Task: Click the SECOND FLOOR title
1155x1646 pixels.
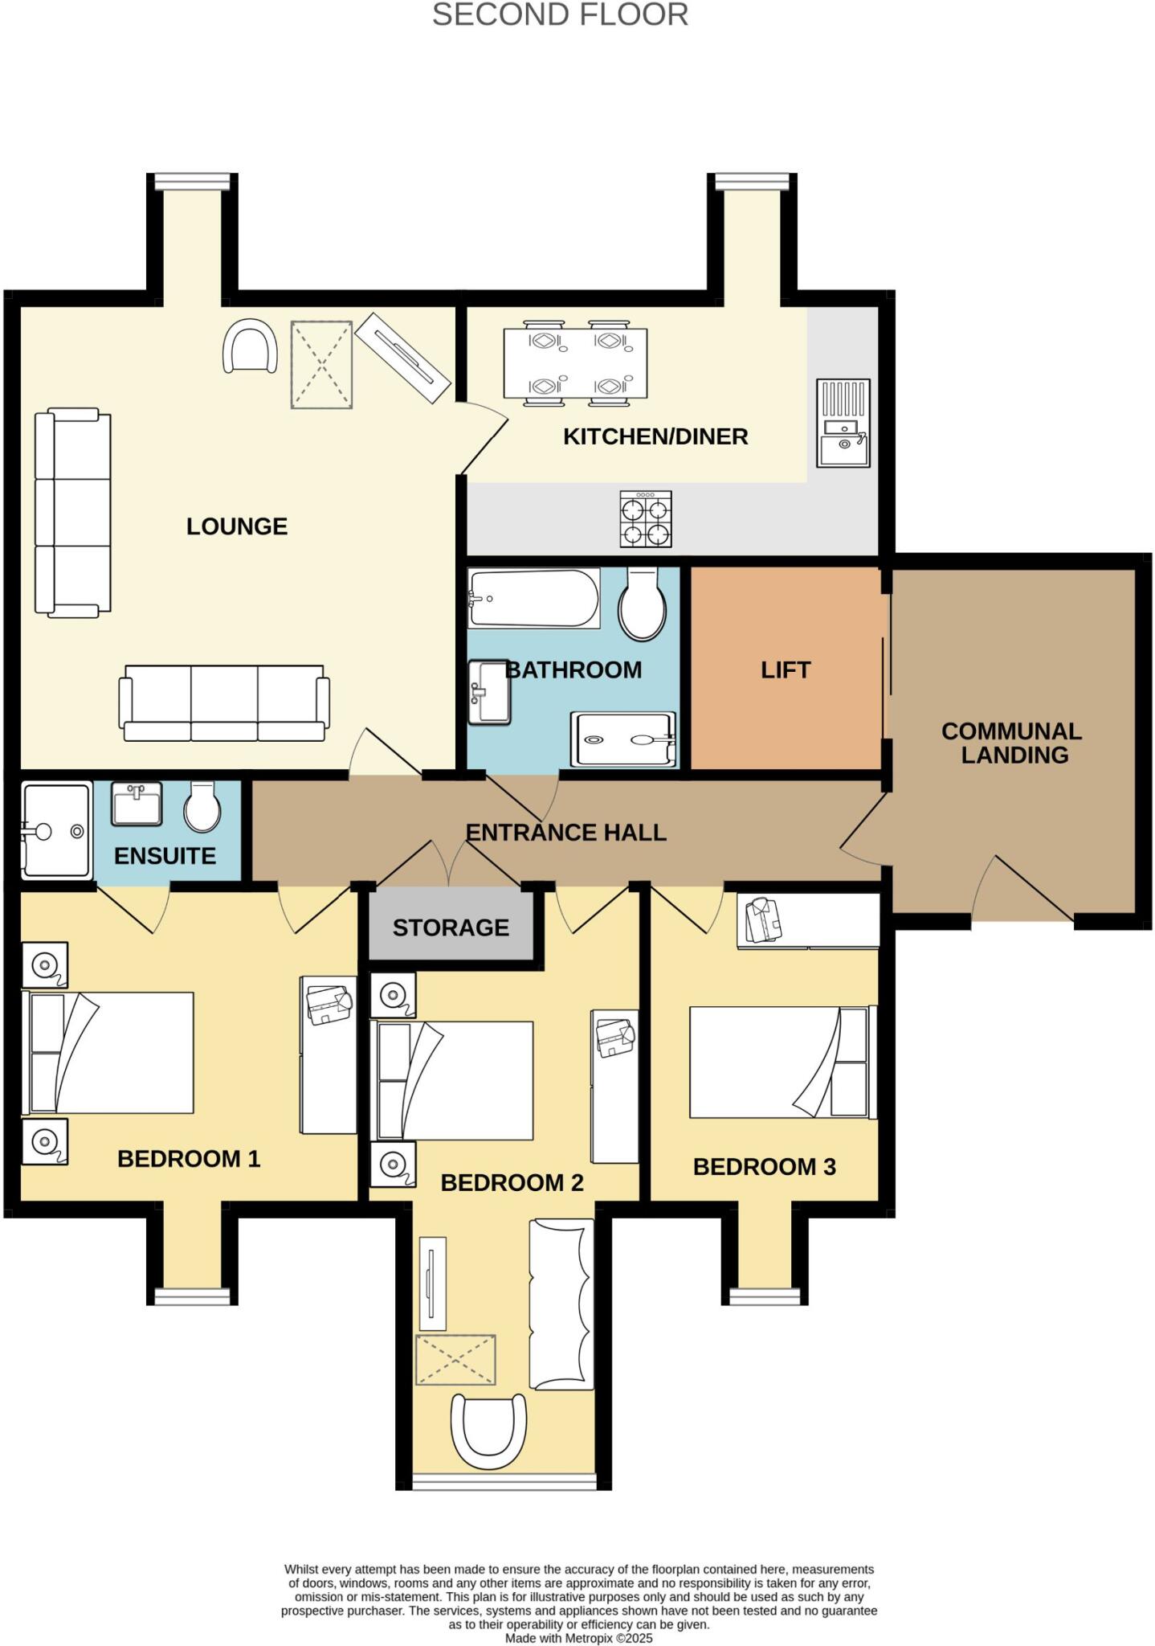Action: [560, 15]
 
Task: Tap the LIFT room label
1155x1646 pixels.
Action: [786, 669]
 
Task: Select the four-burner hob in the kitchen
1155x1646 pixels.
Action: [646, 519]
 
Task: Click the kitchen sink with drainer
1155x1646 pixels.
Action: [843, 423]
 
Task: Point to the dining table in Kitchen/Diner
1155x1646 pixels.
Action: [575, 364]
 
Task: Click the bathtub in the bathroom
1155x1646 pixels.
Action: [534, 599]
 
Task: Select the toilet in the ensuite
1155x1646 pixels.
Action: [202, 807]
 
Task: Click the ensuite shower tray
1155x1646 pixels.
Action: [56, 830]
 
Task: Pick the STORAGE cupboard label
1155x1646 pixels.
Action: [451, 927]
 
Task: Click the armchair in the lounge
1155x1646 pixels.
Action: [251, 346]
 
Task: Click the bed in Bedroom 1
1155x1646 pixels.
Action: [110, 1053]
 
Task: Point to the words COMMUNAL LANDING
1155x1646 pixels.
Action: [1012, 743]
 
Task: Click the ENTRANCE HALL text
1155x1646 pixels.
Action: [566, 833]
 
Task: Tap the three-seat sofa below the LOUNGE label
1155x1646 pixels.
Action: [224, 703]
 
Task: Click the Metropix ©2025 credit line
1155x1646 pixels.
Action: [578, 1638]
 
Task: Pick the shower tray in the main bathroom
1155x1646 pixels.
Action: [623, 739]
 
